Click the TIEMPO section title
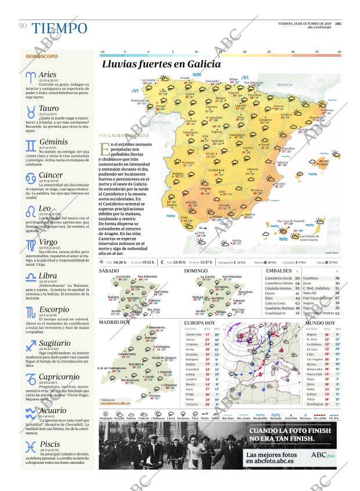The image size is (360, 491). pyautogui.click(x=59, y=28)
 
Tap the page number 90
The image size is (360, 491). pyautogui.click(x=23, y=26)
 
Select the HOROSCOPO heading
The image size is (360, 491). pyautogui.click(x=42, y=56)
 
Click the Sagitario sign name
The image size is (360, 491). pyautogui.click(x=55, y=343)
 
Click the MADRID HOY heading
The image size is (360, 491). pyautogui.click(x=114, y=322)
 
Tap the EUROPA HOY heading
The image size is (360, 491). pyautogui.click(x=199, y=322)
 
